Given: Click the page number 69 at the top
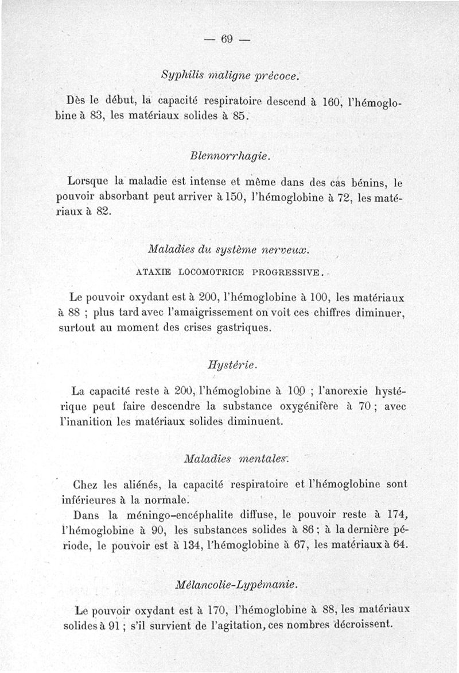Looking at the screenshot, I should point(228,39).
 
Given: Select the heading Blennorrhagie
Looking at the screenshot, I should point(229,156).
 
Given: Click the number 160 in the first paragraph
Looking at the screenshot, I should point(332,100).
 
